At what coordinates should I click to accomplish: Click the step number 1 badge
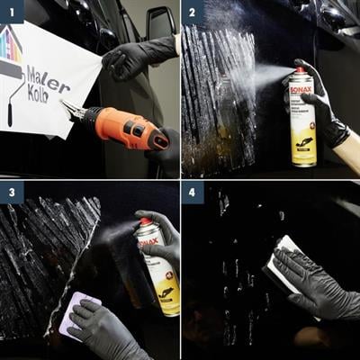(11, 11)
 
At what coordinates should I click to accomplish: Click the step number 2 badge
(193, 11)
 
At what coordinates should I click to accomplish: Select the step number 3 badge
(11, 193)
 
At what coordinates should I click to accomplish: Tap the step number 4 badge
(193, 193)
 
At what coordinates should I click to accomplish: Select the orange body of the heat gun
(126, 129)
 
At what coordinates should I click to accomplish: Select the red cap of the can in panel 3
(145, 221)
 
